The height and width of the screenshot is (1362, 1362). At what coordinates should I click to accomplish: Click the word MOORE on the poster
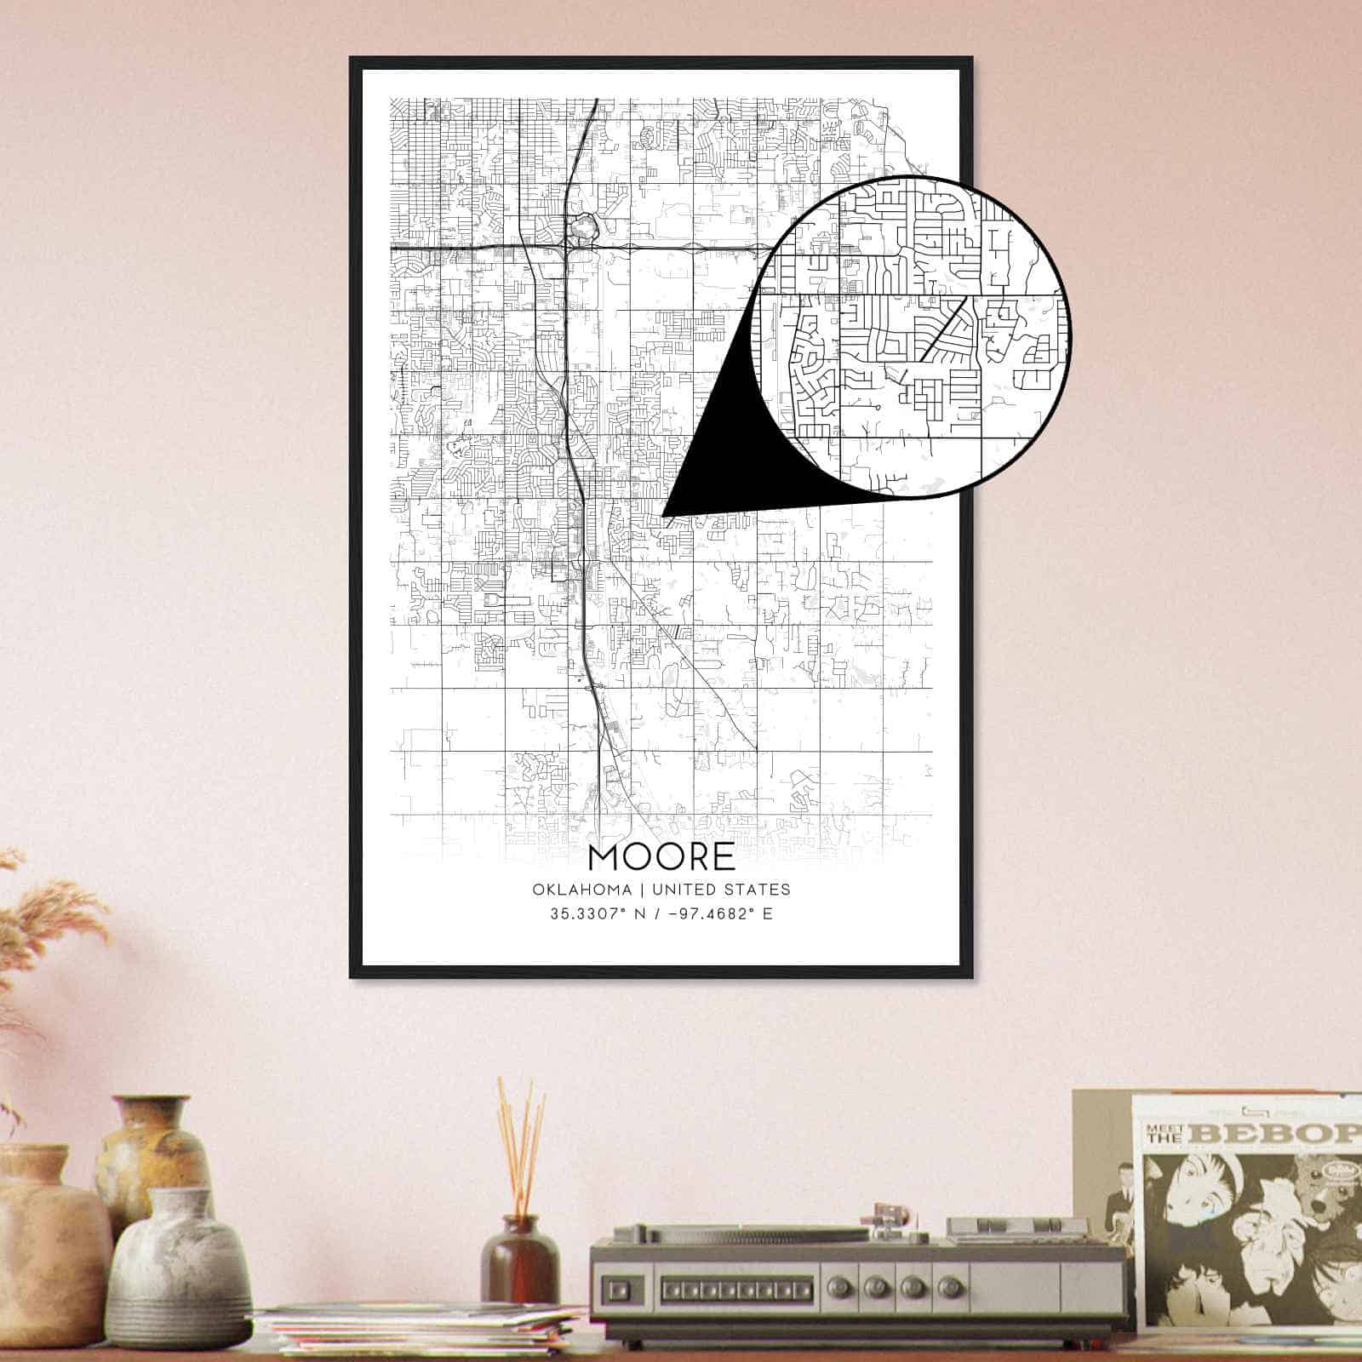click(x=661, y=856)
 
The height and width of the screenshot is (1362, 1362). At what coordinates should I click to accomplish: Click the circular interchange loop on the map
click(x=584, y=228)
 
